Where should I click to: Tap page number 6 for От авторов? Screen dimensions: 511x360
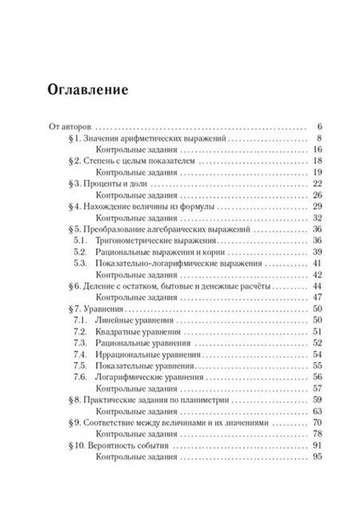319,125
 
